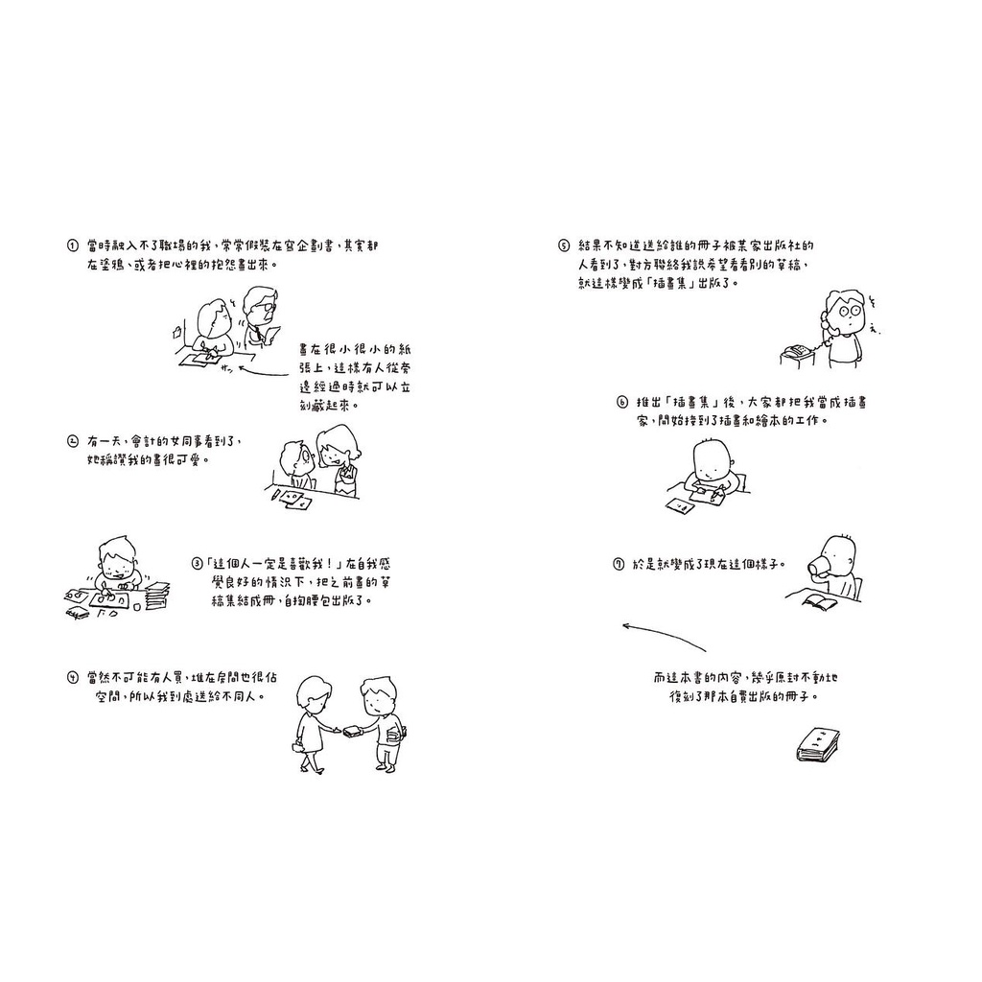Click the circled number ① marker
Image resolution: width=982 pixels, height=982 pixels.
72,245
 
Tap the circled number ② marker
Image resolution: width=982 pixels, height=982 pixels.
72,441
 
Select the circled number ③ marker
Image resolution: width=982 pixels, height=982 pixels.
198,564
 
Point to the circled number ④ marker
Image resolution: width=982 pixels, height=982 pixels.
72,678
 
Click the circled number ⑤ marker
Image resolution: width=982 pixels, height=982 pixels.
564,245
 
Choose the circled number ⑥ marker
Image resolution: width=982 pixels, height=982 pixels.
621,402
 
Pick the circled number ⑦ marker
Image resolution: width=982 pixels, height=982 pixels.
619,564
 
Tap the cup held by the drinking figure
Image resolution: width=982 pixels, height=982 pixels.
817,565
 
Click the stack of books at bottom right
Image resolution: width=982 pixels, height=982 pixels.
818,744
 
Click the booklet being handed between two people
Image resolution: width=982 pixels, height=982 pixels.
352,730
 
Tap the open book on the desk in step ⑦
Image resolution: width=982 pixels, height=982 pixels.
820,602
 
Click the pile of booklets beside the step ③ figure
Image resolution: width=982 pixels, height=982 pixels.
156,595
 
